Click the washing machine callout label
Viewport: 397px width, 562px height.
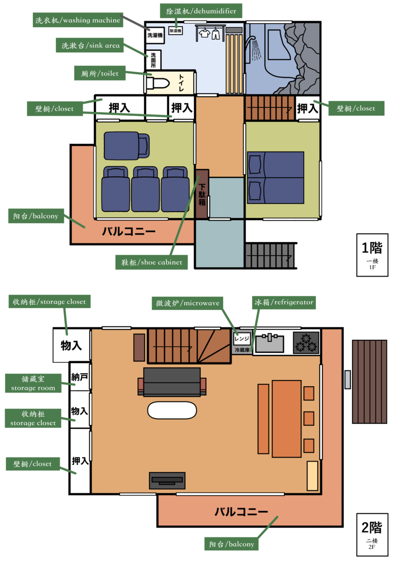[78, 20]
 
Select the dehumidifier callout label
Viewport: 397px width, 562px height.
[197, 10]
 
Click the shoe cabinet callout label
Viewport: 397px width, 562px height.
[151, 262]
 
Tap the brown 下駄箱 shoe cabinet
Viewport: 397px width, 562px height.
[202, 194]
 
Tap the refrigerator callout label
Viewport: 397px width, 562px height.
[283, 302]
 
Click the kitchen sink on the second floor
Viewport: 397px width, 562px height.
[270, 343]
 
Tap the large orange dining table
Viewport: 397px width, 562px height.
[286, 418]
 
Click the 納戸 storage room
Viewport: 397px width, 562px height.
[80, 376]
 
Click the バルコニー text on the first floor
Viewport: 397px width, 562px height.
[129, 231]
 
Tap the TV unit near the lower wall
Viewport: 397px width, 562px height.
[167, 480]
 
